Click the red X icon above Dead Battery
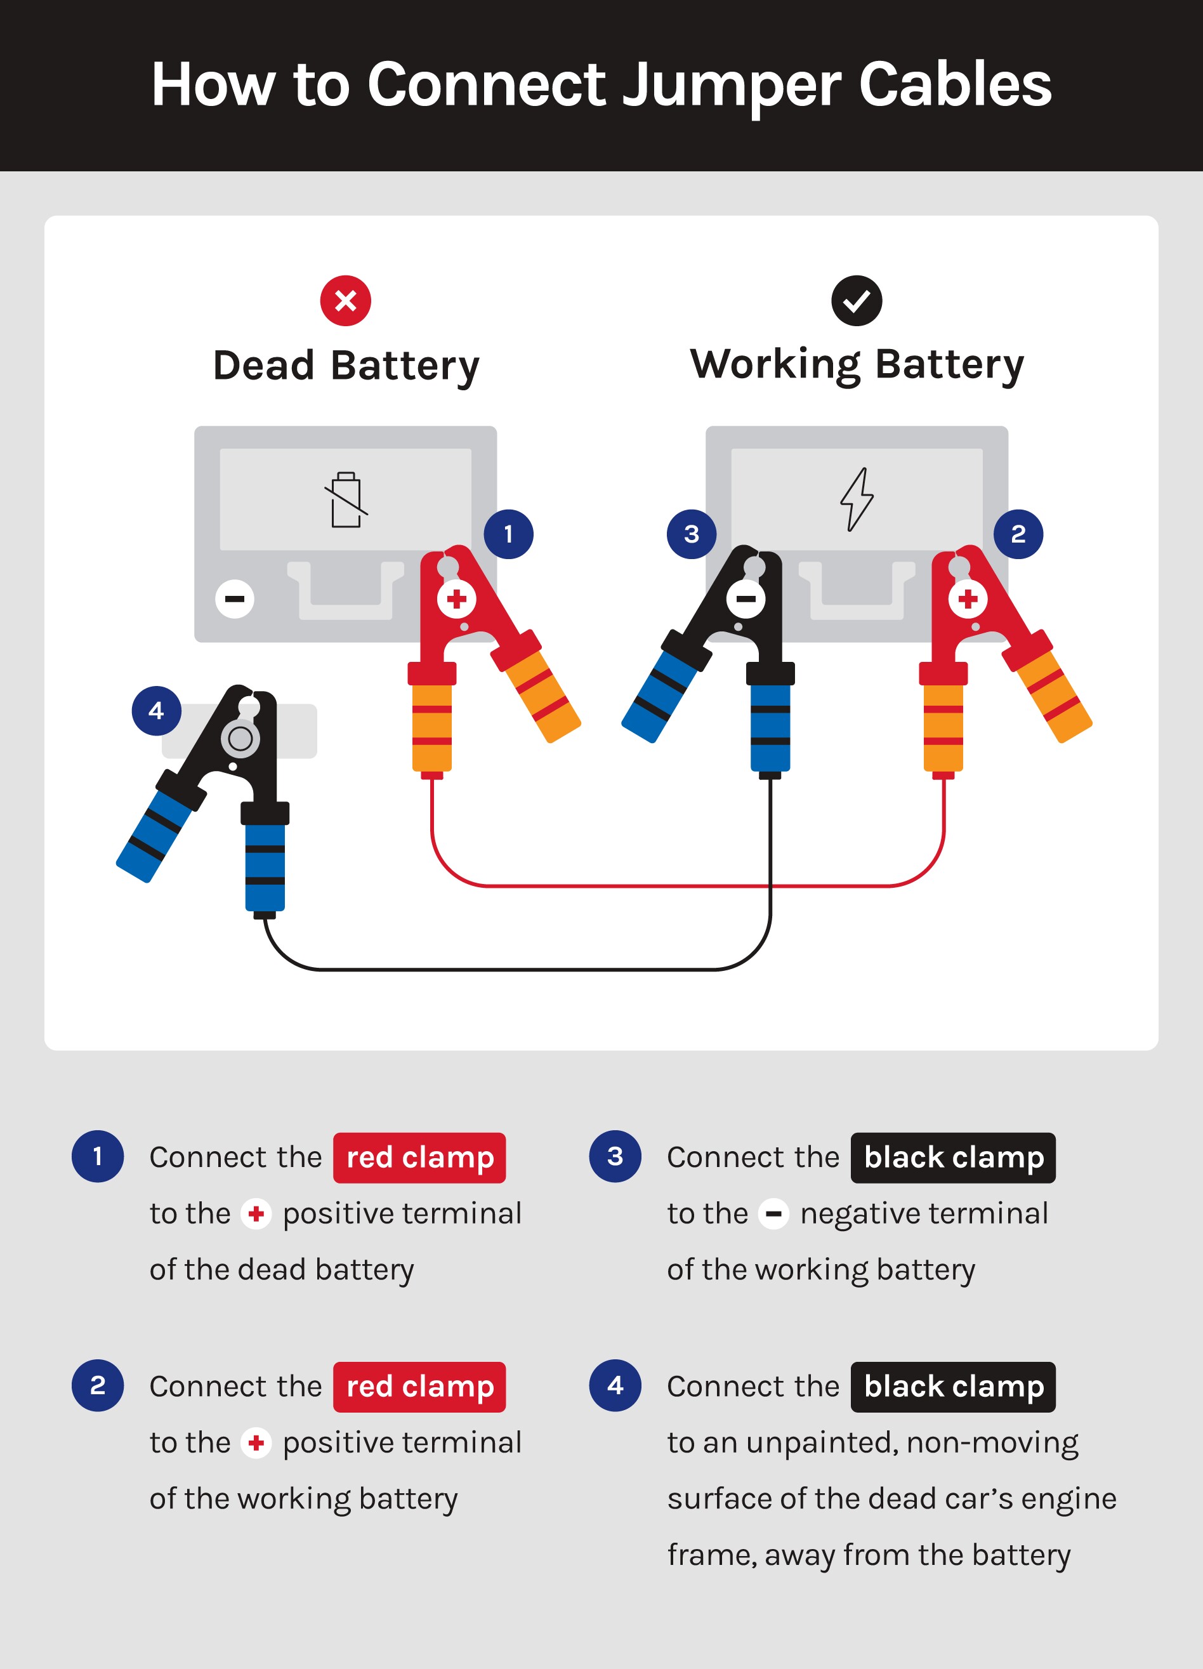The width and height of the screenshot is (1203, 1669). tap(345, 301)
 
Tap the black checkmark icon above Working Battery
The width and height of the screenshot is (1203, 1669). tap(857, 301)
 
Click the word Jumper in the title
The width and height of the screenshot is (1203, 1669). tap(732, 86)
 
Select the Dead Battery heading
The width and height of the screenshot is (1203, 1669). tap(346, 366)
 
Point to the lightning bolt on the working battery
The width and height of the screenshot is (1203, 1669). tap(857, 499)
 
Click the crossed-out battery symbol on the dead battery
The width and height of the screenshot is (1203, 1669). tap(346, 499)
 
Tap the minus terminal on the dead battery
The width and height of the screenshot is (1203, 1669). tap(235, 598)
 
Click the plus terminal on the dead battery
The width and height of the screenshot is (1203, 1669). tap(456, 598)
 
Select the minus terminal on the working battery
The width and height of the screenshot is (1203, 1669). tap(746, 598)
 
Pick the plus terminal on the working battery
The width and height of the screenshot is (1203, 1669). tap(968, 598)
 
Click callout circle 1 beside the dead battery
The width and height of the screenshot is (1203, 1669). tap(508, 534)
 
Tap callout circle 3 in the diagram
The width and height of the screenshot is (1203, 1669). tap(692, 534)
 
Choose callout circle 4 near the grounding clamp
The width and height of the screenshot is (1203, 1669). tap(156, 711)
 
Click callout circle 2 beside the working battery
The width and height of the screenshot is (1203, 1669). tap(1018, 534)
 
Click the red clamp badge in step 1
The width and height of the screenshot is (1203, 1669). tap(419, 1158)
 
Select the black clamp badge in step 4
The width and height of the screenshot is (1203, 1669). tap(953, 1387)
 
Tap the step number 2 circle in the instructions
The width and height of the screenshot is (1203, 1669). tap(98, 1386)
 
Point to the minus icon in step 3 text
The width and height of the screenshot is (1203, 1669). tap(773, 1214)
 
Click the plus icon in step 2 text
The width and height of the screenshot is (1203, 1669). tap(256, 1443)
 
